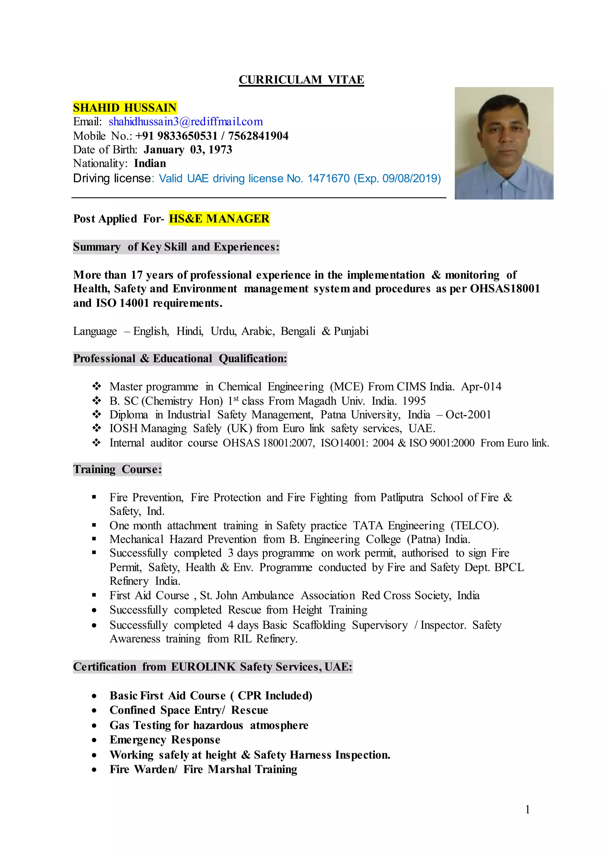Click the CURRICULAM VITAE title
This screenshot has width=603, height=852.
pos(301,80)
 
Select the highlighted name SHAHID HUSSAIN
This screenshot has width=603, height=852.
pos(125,108)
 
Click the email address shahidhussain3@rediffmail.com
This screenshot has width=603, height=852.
pos(186,122)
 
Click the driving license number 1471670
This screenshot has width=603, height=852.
pos(328,179)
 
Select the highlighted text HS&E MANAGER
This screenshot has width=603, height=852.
pos(219,219)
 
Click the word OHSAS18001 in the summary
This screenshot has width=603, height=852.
pos(505,289)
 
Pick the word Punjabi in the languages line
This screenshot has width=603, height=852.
pos(351,331)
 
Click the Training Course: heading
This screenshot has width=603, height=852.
pos(117,470)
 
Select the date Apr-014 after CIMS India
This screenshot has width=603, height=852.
pos(481,387)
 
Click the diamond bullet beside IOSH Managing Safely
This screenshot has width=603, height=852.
pos(97,429)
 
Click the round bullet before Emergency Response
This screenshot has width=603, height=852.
pos(95,740)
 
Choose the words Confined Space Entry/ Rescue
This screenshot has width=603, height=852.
pos(189,710)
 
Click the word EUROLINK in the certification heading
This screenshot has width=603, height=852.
pos(203,667)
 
